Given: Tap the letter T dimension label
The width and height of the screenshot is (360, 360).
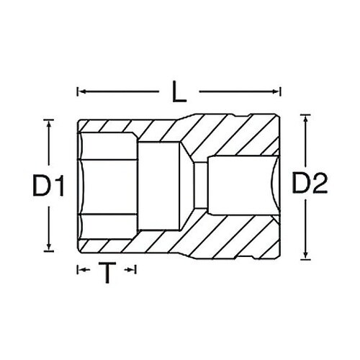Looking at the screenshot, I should tap(107, 272).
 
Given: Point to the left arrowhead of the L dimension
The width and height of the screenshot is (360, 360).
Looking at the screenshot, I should tap(80, 91).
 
